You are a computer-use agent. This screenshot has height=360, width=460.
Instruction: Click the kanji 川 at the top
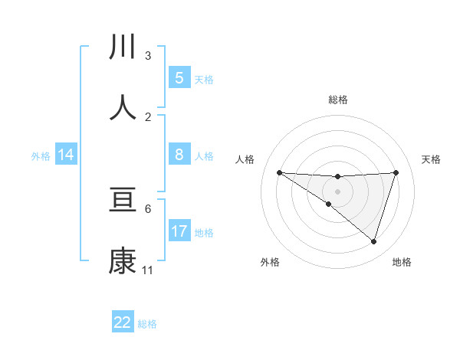[123, 47]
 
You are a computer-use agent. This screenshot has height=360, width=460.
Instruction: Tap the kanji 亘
[123, 201]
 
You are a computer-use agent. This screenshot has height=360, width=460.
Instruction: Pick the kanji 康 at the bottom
[123, 262]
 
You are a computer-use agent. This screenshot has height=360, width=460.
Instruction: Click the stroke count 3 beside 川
[148, 56]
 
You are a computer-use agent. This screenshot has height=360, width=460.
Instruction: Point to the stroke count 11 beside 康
[148, 270]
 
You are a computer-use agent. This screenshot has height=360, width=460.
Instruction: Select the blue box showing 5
[179, 78]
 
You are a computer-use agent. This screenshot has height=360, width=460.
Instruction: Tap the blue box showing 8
[179, 155]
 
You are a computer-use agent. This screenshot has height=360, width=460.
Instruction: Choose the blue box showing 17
[179, 231]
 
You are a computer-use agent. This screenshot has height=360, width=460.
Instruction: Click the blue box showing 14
[66, 155]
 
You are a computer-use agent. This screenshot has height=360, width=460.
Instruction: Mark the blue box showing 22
[123, 322]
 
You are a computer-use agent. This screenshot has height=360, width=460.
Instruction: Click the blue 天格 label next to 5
[204, 80]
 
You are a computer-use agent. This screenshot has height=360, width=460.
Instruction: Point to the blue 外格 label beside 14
[41, 156]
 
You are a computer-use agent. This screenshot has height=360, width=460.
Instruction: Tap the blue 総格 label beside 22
[147, 324]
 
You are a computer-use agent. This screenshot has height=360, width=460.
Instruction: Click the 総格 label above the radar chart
[337, 100]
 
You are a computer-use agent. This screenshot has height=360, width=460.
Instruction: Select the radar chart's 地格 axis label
[402, 263]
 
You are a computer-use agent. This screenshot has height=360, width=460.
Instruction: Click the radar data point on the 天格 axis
[396, 172]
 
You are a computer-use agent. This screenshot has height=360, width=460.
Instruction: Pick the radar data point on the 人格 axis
[279, 172]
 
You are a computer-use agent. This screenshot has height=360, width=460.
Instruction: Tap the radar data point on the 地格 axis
[373, 241]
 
